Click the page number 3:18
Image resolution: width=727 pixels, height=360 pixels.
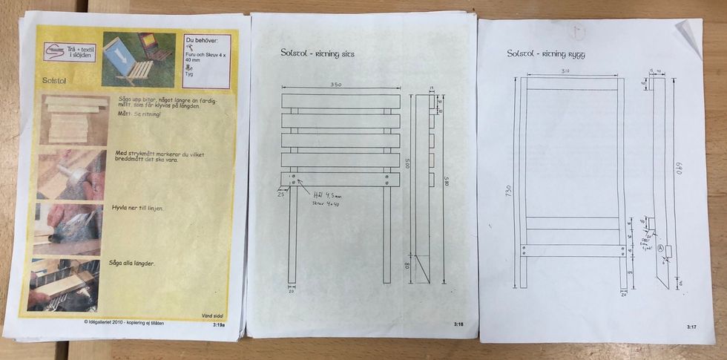(x=459, y=324)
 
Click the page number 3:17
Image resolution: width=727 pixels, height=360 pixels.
(x=691, y=327)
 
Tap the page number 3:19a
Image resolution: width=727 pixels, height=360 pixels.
(x=220, y=324)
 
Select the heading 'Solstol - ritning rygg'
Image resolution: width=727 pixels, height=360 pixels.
(x=547, y=53)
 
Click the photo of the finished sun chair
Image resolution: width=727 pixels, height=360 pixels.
(x=139, y=59)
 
